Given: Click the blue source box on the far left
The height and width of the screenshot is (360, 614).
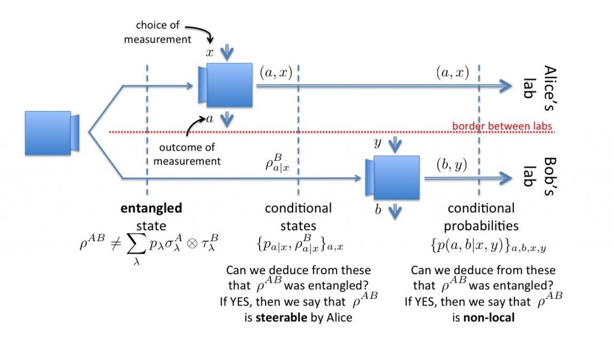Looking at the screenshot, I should coord(48,131).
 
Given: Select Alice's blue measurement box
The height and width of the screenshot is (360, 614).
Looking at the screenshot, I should coord(225,83).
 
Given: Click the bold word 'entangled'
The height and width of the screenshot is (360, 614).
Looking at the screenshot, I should coord(151,208).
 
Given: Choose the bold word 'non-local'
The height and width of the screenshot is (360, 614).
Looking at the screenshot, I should coord(488,317).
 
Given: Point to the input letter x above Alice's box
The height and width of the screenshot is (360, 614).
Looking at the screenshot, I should coord(210,53).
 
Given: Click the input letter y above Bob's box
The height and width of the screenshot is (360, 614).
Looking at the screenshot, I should coord(378,142).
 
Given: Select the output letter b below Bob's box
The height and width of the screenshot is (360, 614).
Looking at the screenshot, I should coord(378,211).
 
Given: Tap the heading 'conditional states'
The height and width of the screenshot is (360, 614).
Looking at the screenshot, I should coord(298,217).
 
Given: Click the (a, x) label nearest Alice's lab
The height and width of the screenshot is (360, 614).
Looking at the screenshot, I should coord(452,73).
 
